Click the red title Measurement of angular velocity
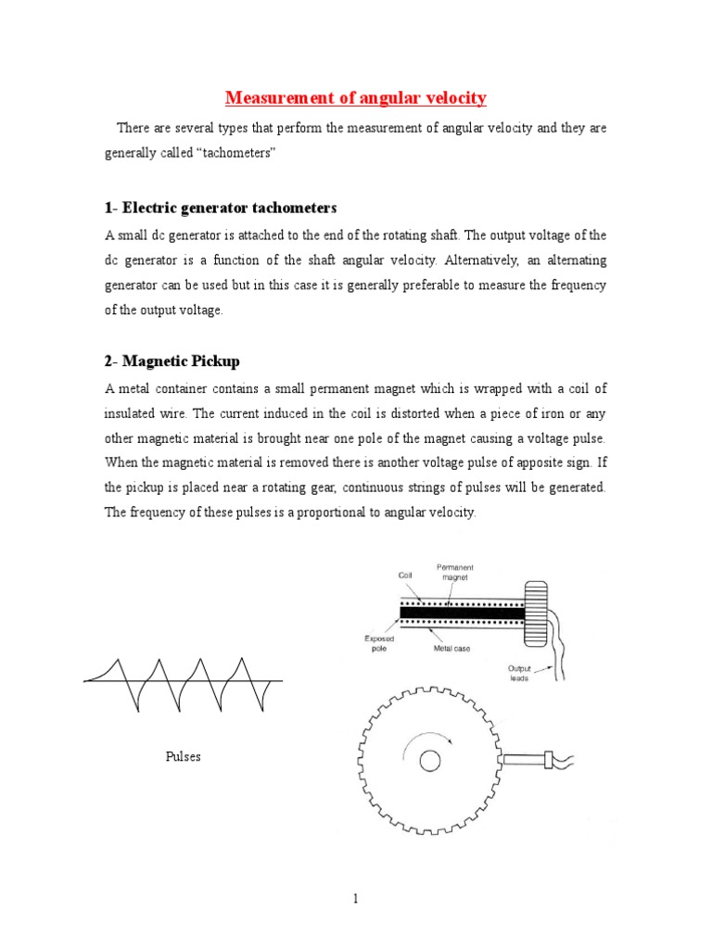point(356,97)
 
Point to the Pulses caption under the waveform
point(183,756)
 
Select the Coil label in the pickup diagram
point(404,575)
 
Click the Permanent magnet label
point(456,571)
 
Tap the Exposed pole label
point(379,643)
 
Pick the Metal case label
point(451,648)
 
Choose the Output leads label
point(519,673)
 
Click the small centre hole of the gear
point(430,761)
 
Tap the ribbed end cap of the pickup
point(537,610)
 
